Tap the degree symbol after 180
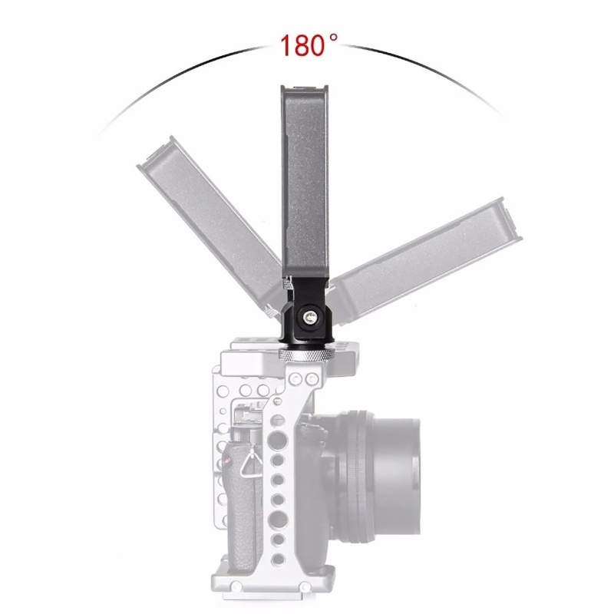333,36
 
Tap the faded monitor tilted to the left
207,223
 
